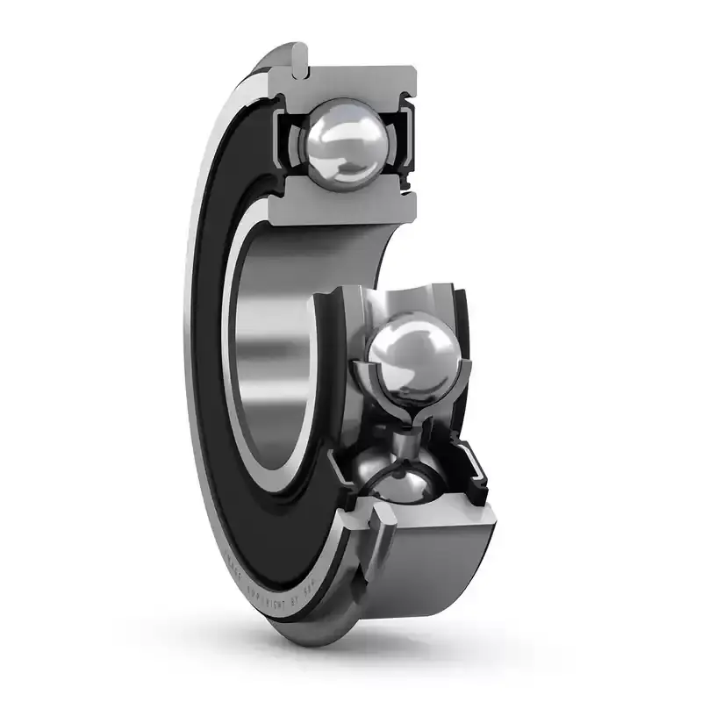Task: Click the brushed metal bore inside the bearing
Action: [x=281, y=333]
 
